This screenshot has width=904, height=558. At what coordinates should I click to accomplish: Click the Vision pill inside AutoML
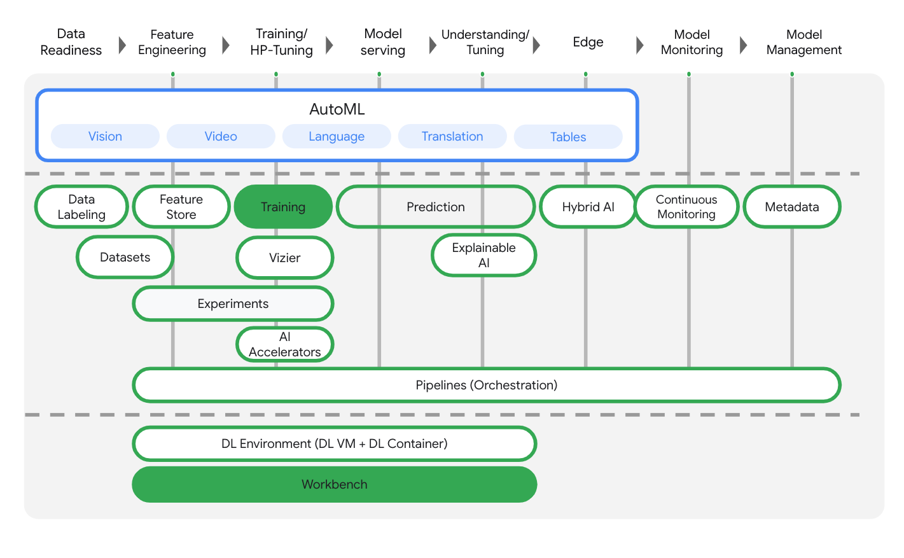(x=105, y=136)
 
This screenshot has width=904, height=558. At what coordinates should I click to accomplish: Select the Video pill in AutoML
(x=221, y=136)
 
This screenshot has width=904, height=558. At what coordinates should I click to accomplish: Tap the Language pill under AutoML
(x=337, y=136)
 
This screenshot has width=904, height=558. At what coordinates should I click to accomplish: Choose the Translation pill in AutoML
(x=452, y=136)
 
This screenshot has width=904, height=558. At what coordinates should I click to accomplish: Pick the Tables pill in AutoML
(x=568, y=137)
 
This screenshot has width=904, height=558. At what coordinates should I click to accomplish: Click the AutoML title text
(x=337, y=109)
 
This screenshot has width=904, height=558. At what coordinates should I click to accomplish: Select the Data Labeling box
(x=81, y=207)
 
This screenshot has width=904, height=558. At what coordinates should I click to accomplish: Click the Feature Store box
(x=181, y=207)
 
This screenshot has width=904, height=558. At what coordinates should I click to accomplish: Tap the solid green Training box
(x=283, y=207)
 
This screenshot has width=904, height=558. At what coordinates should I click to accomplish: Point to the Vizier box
(x=284, y=258)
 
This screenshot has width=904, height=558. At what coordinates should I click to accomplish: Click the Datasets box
(x=125, y=257)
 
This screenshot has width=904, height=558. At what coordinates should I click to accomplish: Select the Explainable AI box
(x=483, y=255)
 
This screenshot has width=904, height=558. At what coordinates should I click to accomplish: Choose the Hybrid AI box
(x=588, y=207)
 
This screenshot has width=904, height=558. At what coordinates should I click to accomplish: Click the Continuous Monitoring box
(x=686, y=207)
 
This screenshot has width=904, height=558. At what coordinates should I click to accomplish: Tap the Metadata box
(x=791, y=207)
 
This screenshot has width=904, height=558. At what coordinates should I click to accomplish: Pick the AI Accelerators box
(x=284, y=344)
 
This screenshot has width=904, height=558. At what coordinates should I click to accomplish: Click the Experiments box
(x=233, y=303)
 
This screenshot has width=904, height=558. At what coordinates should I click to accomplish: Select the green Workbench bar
(x=334, y=484)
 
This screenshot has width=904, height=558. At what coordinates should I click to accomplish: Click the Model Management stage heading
(x=803, y=42)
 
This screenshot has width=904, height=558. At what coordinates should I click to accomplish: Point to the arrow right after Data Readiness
(x=122, y=45)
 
